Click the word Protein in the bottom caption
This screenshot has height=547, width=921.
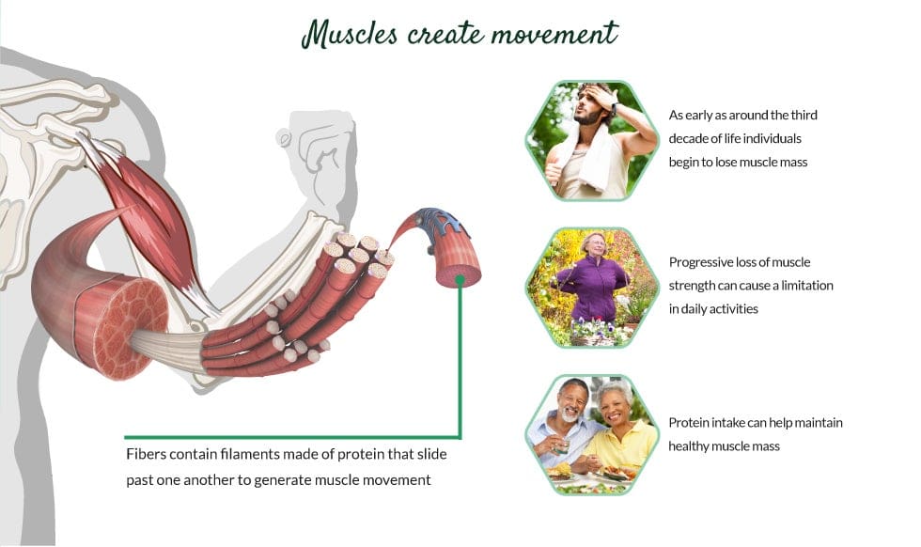pyautogui.click(x=688, y=423)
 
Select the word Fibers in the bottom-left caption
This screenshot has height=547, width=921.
pyautogui.click(x=144, y=455)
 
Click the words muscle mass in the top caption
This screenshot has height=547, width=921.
pyautogui.click(x=775, y=162)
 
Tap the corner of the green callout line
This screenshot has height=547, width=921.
pyautogui.click(x=460, y=437)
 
